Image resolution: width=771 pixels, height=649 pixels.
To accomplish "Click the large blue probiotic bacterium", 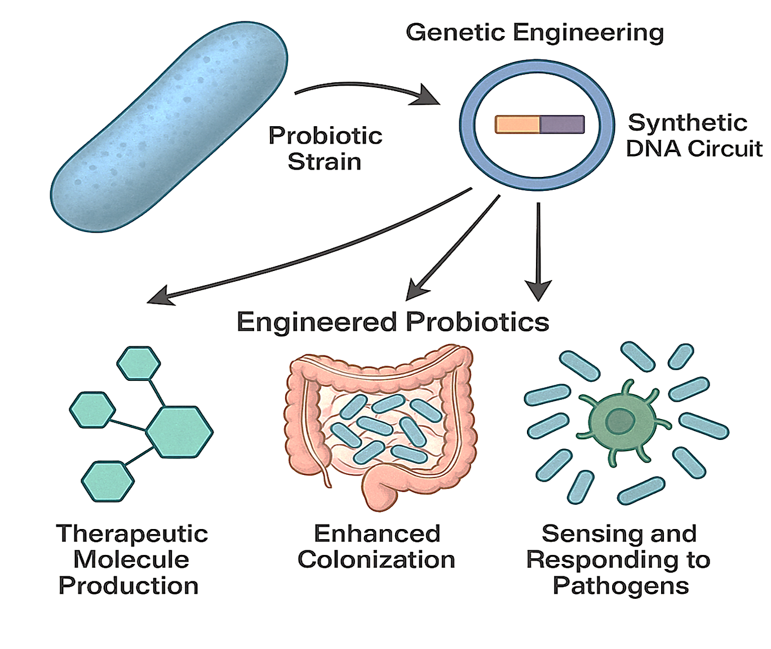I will click(x=169, y=127).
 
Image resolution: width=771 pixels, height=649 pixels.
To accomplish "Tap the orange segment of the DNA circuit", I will click(x=517, y=125).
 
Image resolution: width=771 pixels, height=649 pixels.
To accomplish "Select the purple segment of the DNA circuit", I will click(x=562, y=125).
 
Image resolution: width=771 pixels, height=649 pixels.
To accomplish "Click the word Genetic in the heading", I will click(x=455, y=33).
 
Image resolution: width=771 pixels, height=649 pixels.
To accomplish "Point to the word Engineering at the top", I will click(x=589, y=33).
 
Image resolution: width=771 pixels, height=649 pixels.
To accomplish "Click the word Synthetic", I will click(x=688, y=123).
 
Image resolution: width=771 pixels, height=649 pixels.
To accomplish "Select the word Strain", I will click(x=325, y=162).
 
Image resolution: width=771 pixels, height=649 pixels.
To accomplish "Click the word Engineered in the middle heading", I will click(x=317, y=322).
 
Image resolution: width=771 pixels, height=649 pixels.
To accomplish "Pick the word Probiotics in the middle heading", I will click(x=477, y=322).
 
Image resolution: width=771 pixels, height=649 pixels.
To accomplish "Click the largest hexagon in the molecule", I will click(x=179, y=432).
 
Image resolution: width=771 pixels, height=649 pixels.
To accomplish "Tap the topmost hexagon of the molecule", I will click(x=139, y=363).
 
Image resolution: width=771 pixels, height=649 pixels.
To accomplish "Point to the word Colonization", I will click(x=376, y=560).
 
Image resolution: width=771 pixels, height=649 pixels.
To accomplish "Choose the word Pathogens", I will click(x=621, y=586).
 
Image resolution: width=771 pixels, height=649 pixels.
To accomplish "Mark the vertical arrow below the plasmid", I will click(x=539, y=248).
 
